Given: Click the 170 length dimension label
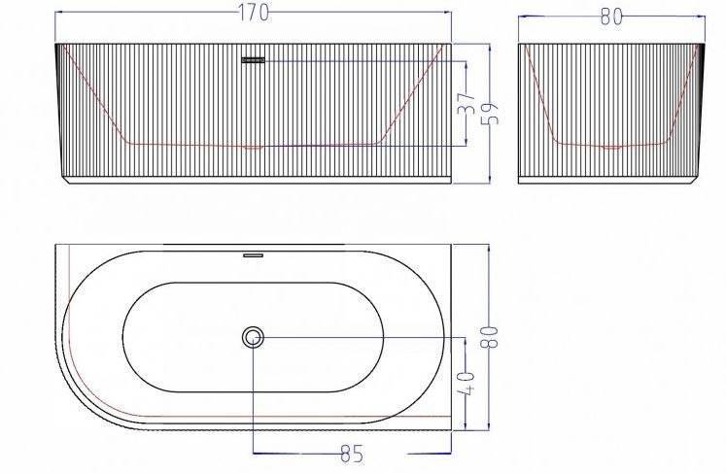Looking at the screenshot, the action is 254,13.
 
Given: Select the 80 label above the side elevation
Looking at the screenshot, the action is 611,17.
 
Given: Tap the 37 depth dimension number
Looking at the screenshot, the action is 467,103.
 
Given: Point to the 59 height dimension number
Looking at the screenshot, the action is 491,114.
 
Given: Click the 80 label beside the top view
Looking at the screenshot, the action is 491,337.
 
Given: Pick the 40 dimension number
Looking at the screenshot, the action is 467,384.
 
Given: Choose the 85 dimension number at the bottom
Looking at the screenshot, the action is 352,454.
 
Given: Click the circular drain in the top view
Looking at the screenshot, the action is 253,337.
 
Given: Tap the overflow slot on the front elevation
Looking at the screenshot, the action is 253,60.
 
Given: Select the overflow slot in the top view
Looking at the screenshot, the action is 254,255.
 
